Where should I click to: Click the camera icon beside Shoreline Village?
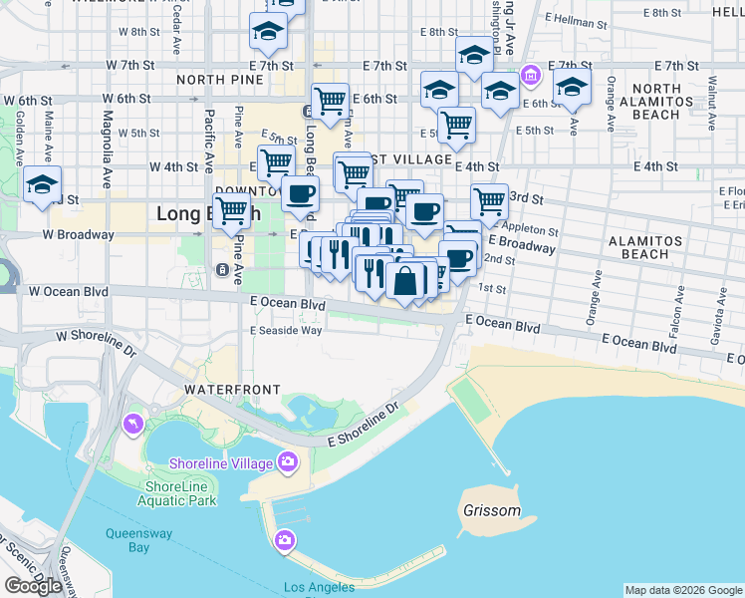point(288,460)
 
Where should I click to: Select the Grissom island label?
point(492,511)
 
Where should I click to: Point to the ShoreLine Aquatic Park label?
point(180,493)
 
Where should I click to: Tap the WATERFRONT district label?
point(232,388)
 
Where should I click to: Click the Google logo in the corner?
point(33,586)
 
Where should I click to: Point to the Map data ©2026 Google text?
point(683,590)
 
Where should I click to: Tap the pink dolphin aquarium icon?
point(133,426)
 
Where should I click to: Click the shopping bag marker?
point(406,281)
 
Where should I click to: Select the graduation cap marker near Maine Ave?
point(43,185)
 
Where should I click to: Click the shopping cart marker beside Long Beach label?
point(231,210)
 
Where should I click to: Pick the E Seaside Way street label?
point(286,330)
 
